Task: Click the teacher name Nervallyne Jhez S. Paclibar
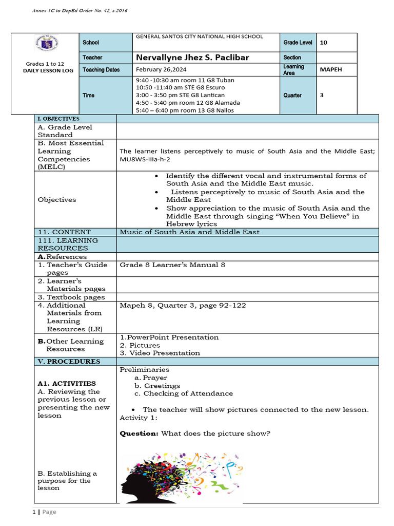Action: tap(192, 57)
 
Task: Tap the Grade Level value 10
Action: tap(323, 43)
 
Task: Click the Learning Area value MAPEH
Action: tap(330, 70)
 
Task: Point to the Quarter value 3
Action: tap(321, 95)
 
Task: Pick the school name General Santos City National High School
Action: tap(199, 36)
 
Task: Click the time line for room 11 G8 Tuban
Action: tap(185, 81)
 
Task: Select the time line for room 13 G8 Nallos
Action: tap(185, 110)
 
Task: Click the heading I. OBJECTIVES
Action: tap(58, 119)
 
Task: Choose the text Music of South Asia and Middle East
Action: tap(189, 232)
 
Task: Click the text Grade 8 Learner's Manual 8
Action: tap(172, 265)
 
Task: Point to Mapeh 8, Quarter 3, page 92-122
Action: tap(183, 305)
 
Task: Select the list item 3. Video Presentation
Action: tap(160, 353)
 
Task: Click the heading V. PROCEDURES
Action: tap(69, 362)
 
